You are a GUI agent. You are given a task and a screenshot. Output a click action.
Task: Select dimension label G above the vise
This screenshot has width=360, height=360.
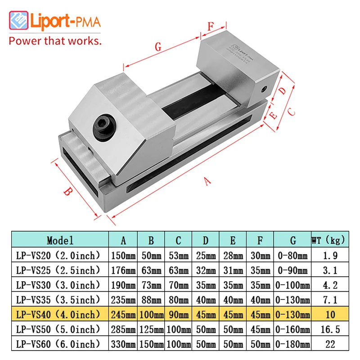coord(157,46)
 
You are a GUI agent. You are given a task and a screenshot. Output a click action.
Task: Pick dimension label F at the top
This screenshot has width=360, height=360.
coord(210,26)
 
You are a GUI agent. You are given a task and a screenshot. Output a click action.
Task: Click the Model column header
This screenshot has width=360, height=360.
coord(60,241)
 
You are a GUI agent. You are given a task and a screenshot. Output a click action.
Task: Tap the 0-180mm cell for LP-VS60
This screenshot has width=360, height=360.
coord(292,344)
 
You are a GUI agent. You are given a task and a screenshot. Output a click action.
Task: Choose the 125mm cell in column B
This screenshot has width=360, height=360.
coord(151,329)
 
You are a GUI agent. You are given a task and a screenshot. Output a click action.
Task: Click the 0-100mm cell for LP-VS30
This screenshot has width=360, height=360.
coord(292,285)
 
